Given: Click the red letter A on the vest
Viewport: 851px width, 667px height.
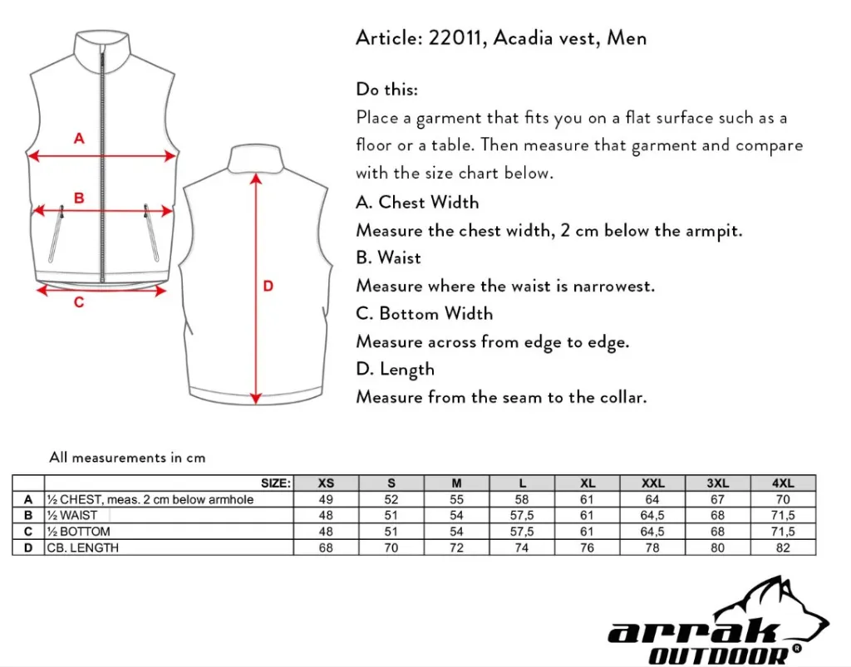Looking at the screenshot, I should click(x=79, y=139).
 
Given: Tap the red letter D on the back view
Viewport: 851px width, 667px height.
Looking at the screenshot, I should click(x=268, y=287).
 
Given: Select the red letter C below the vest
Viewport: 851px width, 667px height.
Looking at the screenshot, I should click(x=79, y=302).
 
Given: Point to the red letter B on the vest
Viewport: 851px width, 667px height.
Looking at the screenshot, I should click(x=79, y=199).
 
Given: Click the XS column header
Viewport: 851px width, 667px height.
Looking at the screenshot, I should click(x=326, y=483).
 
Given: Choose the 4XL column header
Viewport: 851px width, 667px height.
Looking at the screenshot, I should click(x=783, y=483).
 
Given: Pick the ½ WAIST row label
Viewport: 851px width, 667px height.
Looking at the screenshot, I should click(x=72, y=516).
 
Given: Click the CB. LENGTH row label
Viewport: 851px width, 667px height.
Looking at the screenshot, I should click(x=83, y=547).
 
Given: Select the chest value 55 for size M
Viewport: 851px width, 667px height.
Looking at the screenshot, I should click(x=456, y=500).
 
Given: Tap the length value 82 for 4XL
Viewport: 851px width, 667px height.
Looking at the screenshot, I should click(x=783, y=547).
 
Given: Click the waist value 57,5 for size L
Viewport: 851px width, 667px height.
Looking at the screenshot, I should click(x=521, y=516).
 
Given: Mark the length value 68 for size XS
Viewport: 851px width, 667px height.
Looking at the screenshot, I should click(x=326, y=547).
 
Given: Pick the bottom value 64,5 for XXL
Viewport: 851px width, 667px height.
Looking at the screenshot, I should click(x=652, y=532).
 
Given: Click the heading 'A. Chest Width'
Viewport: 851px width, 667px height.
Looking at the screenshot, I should click(x=417, y=203).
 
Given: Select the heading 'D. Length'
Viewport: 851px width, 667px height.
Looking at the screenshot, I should click(x=396, y=370).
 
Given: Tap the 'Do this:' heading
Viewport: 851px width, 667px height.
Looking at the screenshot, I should click(x=387, y=90).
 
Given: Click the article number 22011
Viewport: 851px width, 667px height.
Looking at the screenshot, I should click(x=456, y=38).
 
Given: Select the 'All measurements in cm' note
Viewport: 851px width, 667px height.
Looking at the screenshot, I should click(x=127, y=458).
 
